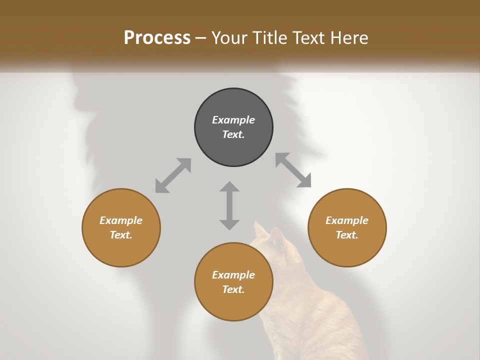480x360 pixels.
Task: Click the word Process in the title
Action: tap(157, 38)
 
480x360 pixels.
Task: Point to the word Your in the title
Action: tap(229, 38)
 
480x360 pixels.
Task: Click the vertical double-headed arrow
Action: tap(229, 205)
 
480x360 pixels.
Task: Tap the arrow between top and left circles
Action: tap(173, 175)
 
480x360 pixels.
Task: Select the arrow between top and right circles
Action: tap(293, 170)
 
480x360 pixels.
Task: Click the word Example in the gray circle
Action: tap(233, 120)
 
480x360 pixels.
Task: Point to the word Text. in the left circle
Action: tap(121, 235)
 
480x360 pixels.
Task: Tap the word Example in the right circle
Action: tap(347, 220)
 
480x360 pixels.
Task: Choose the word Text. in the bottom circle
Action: tap(233, 289)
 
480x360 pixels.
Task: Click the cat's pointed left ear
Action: tap(260, 230)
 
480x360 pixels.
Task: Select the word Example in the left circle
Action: tap(121, 220)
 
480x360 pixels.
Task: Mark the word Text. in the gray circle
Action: tap(233, 134)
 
